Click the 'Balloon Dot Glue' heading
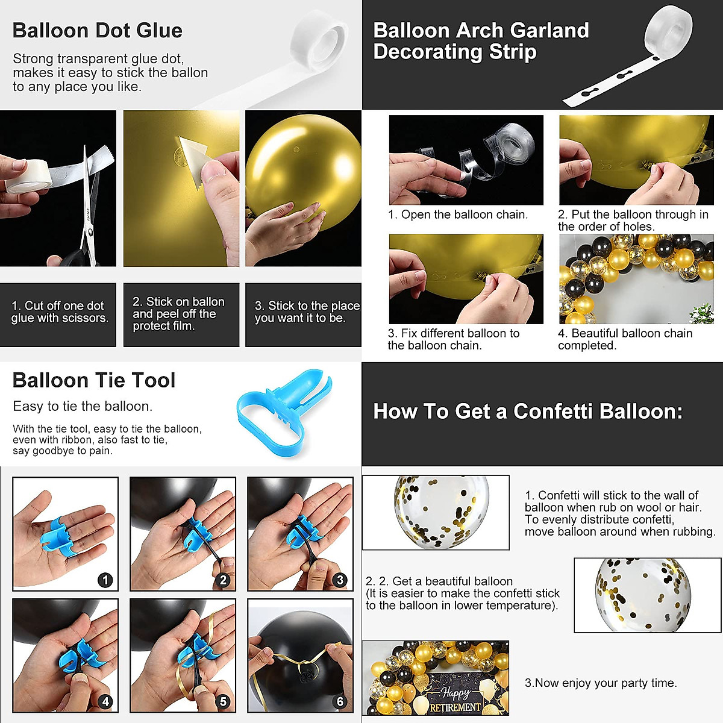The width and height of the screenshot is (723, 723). pyautogui.click(x=97, y=31)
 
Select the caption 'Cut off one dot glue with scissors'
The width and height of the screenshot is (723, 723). pyautogui.click(x=60, y=312)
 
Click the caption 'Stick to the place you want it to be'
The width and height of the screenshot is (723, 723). pyautogui.click(x=307, y=312)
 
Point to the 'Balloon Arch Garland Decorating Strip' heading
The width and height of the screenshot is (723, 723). pyautogui.click(x=481, y=41)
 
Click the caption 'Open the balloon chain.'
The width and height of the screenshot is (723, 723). pyautogui.click(x=458, y=215)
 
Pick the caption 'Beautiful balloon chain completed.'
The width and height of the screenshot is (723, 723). pyautogui.click(x=625, y=339)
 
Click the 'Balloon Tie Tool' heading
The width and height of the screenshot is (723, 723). pyautogui.click(x=94, y=381)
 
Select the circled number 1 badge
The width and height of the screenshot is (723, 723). pyautogui.click(x=105, y=580)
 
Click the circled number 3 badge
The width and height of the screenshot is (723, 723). pyautogui.click(x=340, y=580)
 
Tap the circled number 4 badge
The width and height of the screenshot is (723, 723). pyautogui.click(x=105, y=701)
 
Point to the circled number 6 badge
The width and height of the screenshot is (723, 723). pyautogui.click(x=340, y=701)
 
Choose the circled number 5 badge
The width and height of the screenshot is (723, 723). pyautogui.click(x=224, y=701)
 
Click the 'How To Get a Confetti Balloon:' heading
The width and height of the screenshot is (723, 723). pyautogui.click(x=528, y=412)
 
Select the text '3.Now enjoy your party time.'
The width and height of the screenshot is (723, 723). pyautogui.click(x=601, y=683)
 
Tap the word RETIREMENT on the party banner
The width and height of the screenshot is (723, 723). pyautogui.click(x=455, y=707)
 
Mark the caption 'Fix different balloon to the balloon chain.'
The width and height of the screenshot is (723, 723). pyautogui.click(x=453, y=339)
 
